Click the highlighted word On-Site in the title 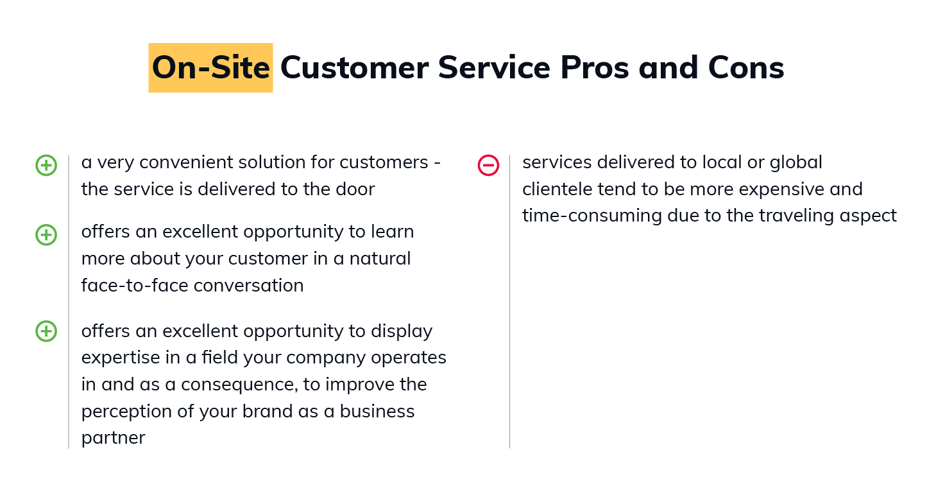click(x=210, y=68)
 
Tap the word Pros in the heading click(x=594, y=68)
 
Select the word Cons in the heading click(x=746, y=68)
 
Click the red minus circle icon click(x=488, y=165)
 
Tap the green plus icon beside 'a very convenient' click(x=46, y=165)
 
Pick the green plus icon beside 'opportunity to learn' click(x=46, y=235)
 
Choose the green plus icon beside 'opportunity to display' click(x=46, y=331)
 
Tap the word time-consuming click(x=592, y=216)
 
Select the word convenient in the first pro click(x=186, y=162)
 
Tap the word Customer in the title click(x=354, y=68)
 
